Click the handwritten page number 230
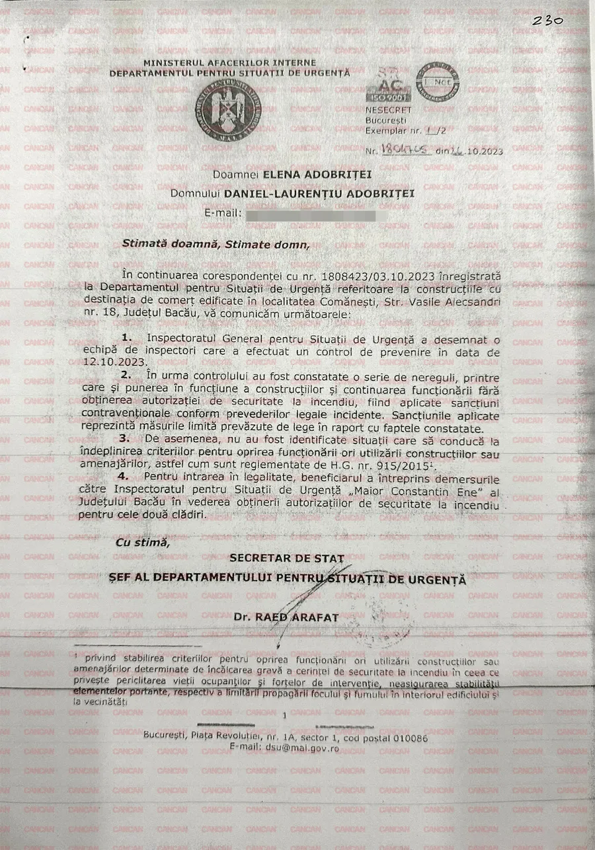tap(548, 20)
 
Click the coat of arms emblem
tap(227, 110)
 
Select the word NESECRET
tap(388, 110)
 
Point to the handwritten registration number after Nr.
tap(408, 151)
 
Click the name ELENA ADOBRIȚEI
tap(317, 174)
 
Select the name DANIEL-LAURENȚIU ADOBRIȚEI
tap(319, 194)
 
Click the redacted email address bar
tap(310, 215)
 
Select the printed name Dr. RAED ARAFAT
tap(286, 617)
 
